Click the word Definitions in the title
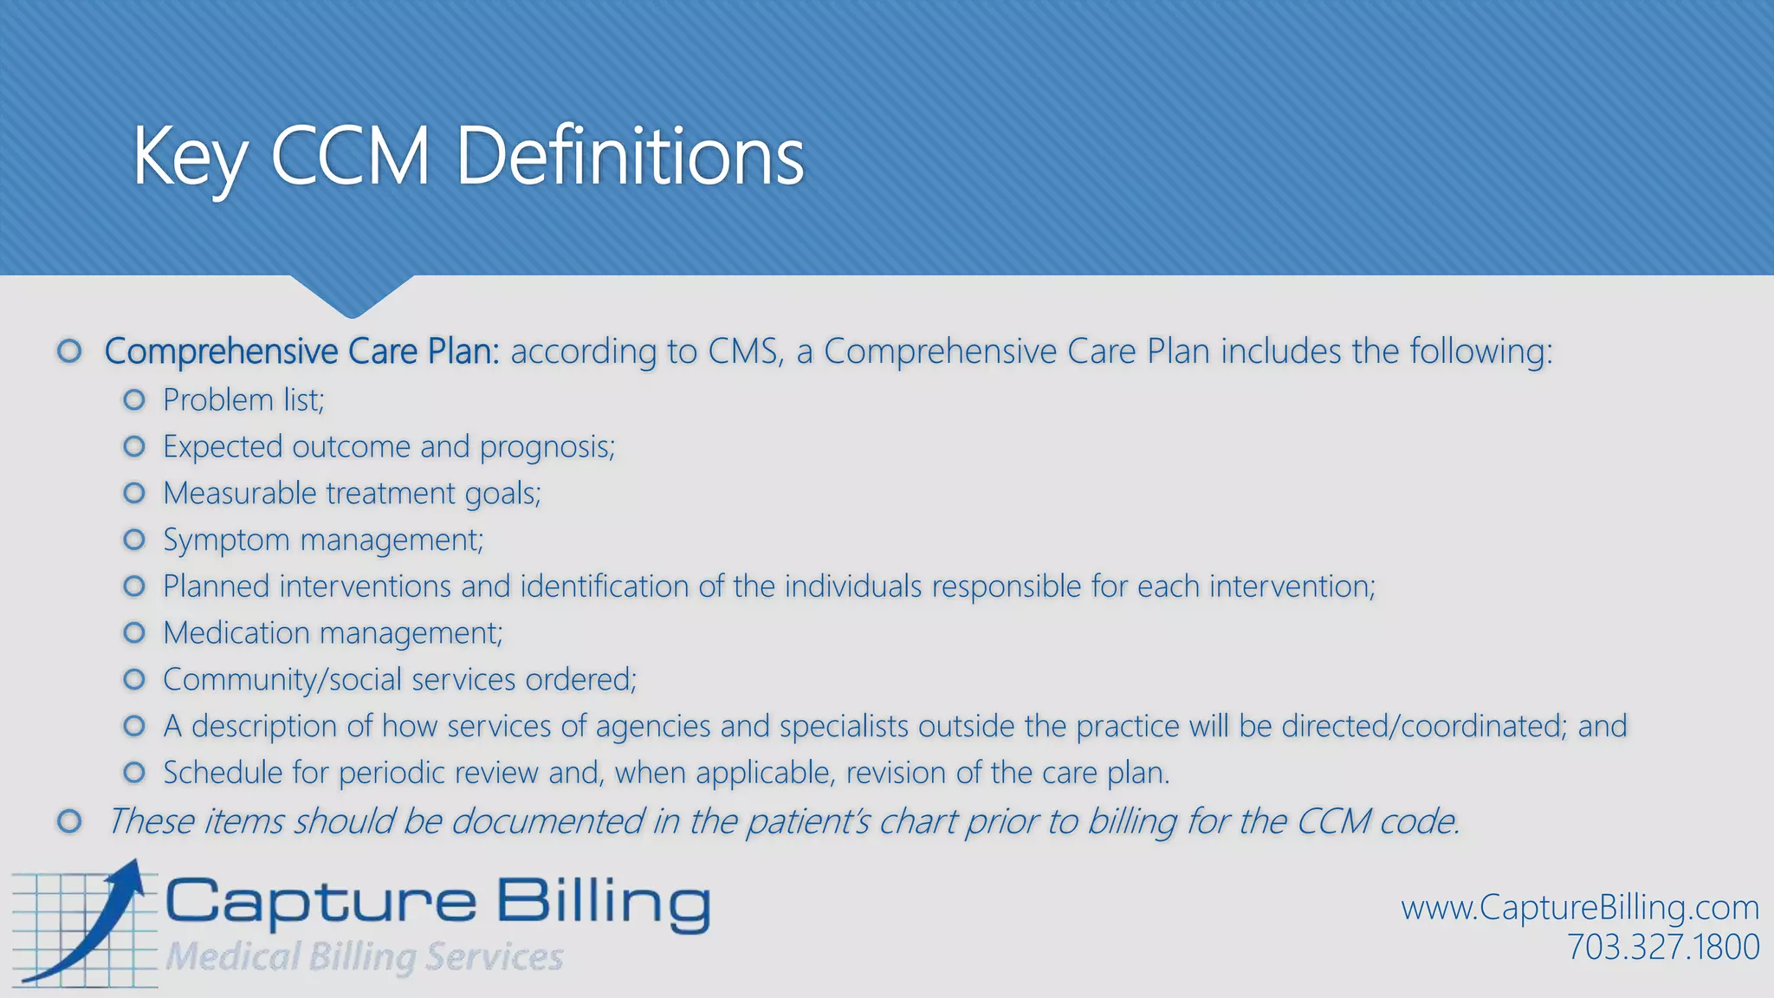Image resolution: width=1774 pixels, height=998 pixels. pyautogui.click(x=631, y=156)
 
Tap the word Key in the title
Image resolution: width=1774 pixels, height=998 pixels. pyautogui.click(x=189, y=158)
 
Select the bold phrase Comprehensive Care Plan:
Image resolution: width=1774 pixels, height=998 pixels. pyautogui.click(x=301, y=352)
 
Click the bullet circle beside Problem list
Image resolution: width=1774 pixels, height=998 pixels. pyautogui.click(x=134, y=399)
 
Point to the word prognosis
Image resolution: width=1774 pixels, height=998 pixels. pyautogui.click(x=547, y=447)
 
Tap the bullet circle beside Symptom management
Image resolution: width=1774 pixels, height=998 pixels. pyautogui.click(x=134, y=540)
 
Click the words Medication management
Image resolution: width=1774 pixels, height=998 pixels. pyautogui.click(x=333, y=633)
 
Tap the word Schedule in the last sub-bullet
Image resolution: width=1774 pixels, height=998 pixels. pyautogui.click(x=222, y=773)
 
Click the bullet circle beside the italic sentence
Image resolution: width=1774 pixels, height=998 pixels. pyautogui.click(x=69, y=820)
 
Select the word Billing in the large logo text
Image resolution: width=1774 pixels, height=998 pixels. pyautogui.click(x=603, y=903)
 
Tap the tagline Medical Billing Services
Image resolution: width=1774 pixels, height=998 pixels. pyautogui.click(x=364, y=957)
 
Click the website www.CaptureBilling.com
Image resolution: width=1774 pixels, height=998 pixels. pyautogui.click(x=1580, y=908)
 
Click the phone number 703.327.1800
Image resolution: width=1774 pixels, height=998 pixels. pyautogui.click(x=1662, y=947)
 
